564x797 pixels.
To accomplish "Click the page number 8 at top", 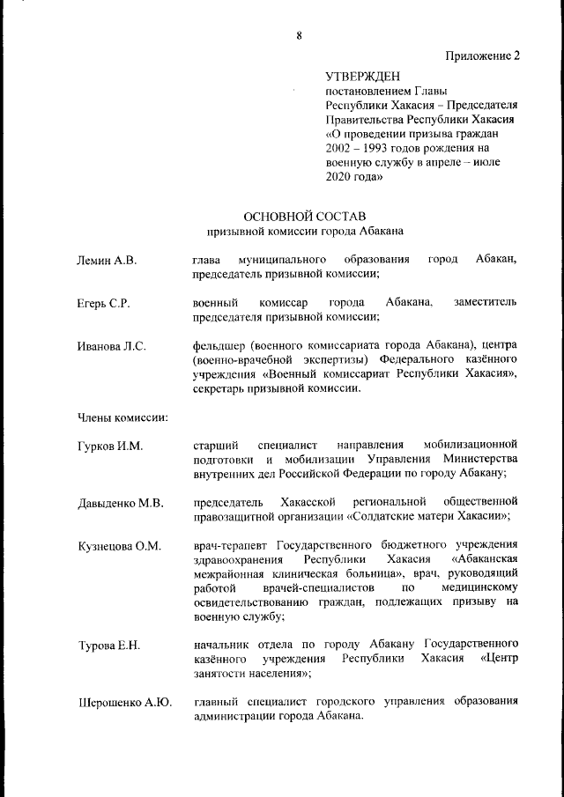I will pos(299,35).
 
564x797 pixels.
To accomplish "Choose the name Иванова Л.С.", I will pos(110,347).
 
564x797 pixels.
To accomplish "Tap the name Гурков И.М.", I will pos(109,446).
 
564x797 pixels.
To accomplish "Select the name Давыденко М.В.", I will pos(120,504).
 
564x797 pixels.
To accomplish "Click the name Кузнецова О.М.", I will pos(118,547).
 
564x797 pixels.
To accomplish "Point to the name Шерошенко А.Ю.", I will pos(125,703).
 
